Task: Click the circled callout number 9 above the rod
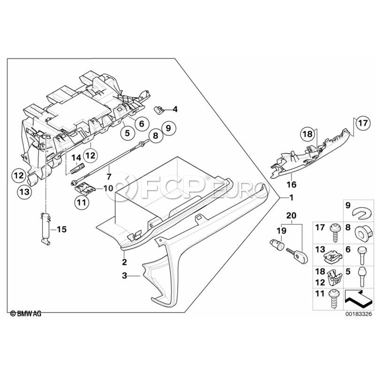[x=168, y=128]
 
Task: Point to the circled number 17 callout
[x=363, y=123]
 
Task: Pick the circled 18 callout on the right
[x=308, y=134]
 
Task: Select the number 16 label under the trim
[x=292, y=185]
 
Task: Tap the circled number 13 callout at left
[x=25, y=192]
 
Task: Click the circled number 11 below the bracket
[x=81, y=203]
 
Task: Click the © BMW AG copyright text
[x=26, y=313]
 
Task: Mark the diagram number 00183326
[x=358, y=314]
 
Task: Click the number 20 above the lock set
[x=291, y=215]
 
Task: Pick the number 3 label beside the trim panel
[x=124, y=276]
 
